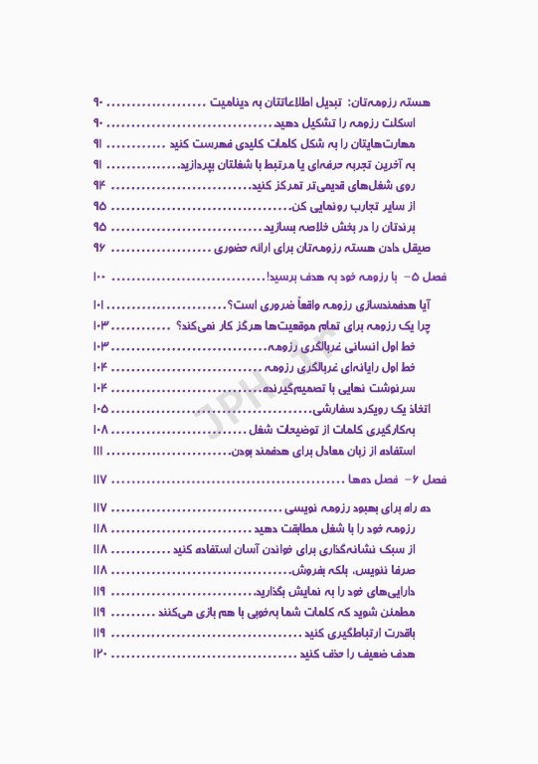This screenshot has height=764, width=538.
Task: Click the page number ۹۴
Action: click(x=99, y=186)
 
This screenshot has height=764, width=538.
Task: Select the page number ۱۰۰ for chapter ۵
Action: click(x=99, y=276)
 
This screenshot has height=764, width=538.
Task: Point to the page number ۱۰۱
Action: click(x=99, y=304)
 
